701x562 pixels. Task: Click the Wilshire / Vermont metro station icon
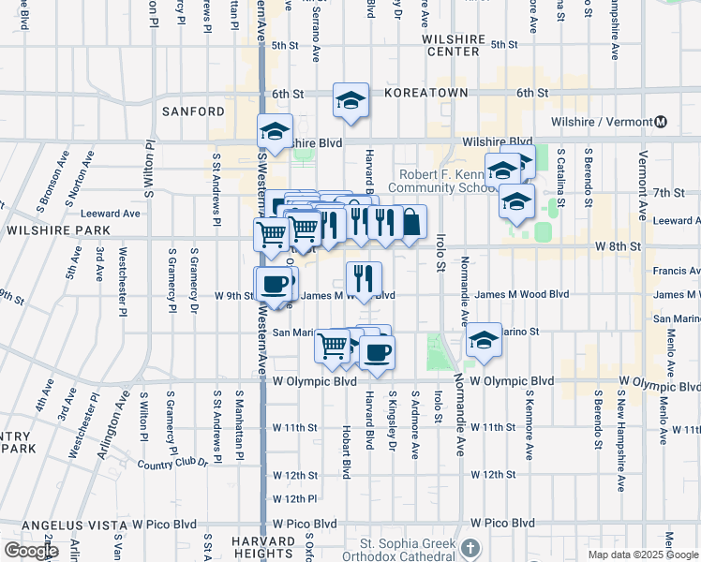(x=661, y=122)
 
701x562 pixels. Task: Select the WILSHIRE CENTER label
(x=455, y=45)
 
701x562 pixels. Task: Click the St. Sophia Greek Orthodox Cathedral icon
(x=470, y=546)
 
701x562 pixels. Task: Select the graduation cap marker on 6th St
(x=350, y=101)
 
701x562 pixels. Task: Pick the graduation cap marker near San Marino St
(x=484, y=340)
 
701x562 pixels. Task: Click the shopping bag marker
(x=410, y=223)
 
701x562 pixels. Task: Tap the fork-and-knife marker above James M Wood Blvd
(x=364, y=277)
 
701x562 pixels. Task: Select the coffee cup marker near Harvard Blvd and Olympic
(x=377, y=352)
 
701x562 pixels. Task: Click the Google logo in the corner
(x=30, y=551)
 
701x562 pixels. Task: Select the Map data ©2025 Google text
(x=643, y=555)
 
